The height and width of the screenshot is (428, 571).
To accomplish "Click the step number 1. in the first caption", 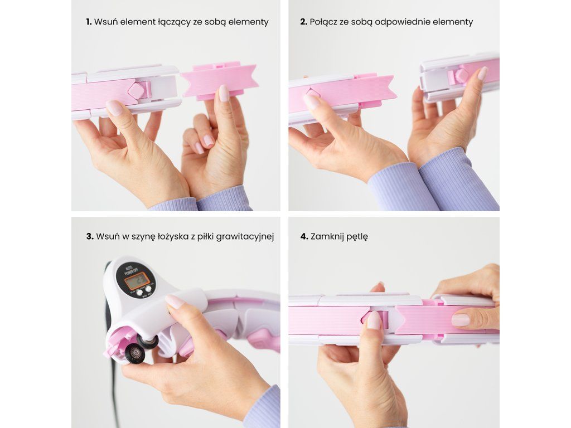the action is (x=89, y=22).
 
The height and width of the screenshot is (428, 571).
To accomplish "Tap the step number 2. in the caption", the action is (x=304, y=22).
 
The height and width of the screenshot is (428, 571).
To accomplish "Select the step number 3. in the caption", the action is (x=90, y=236).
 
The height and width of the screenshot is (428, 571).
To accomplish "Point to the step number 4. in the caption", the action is (x=304, y=236).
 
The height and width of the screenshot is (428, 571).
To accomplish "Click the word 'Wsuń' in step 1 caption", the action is (x=106, y=22).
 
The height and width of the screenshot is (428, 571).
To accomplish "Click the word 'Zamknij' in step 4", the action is (x=327, y=237).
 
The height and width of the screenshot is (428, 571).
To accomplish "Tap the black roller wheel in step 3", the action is (x=134, y=352).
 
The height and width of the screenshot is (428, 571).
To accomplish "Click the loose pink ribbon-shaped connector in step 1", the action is (x=220, y=81).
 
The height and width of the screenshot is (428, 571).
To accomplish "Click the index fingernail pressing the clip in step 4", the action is (x=374, y=320).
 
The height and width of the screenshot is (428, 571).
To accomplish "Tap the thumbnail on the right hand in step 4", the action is (x=461, y=320).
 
